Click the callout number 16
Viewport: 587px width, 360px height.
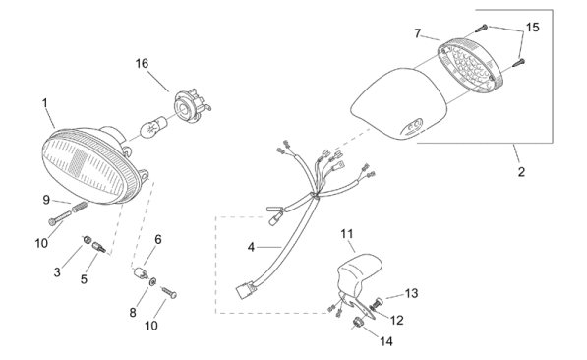click(142, 63)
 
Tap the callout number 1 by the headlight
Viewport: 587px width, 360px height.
click(45, 102)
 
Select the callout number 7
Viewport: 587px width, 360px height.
click(418, 33)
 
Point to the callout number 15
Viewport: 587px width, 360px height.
click(532, 27)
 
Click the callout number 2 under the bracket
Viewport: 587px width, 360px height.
click(521, 172)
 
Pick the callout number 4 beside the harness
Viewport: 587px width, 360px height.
click(251, 247)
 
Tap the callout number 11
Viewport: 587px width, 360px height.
click(347, 234)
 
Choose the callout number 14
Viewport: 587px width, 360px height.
click(386, 341)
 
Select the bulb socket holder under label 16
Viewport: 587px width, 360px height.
click(191, 104)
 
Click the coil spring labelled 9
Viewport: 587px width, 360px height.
click(80, 207)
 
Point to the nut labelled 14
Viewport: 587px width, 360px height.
click(358, 322)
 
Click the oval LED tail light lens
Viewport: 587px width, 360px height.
click(471, 65)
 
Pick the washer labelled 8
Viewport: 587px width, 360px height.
click(153, 281)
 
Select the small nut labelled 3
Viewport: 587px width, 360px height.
click(87, 239)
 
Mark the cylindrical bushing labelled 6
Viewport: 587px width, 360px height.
click(141, 272)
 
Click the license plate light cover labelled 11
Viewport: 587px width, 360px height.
click(358, 273)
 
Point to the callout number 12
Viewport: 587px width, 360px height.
click(397, 320)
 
